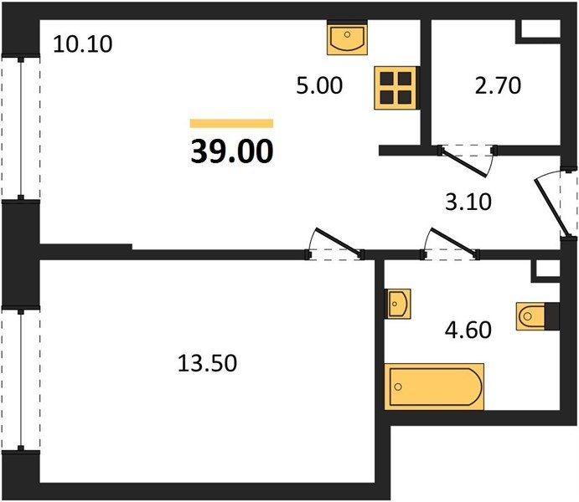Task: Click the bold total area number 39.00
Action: [232, 151]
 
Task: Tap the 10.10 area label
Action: [83, 44]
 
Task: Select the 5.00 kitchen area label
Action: [319, 85]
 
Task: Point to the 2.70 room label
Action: [498, 85]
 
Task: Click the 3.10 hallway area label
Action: [468, 202]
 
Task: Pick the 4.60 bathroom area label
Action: [468, 330]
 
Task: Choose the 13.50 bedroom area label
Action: [207, 363]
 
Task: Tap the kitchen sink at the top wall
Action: [347, 37]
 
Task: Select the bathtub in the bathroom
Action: [434, 387]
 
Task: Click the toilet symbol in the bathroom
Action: [537, 316]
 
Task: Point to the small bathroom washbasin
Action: [398, 304]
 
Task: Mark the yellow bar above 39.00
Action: [231, 124]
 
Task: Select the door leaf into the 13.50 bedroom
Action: [339, 242]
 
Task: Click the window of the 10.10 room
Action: [21, 128]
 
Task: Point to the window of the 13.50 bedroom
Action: [21, 380]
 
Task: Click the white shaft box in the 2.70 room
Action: [540, 28]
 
